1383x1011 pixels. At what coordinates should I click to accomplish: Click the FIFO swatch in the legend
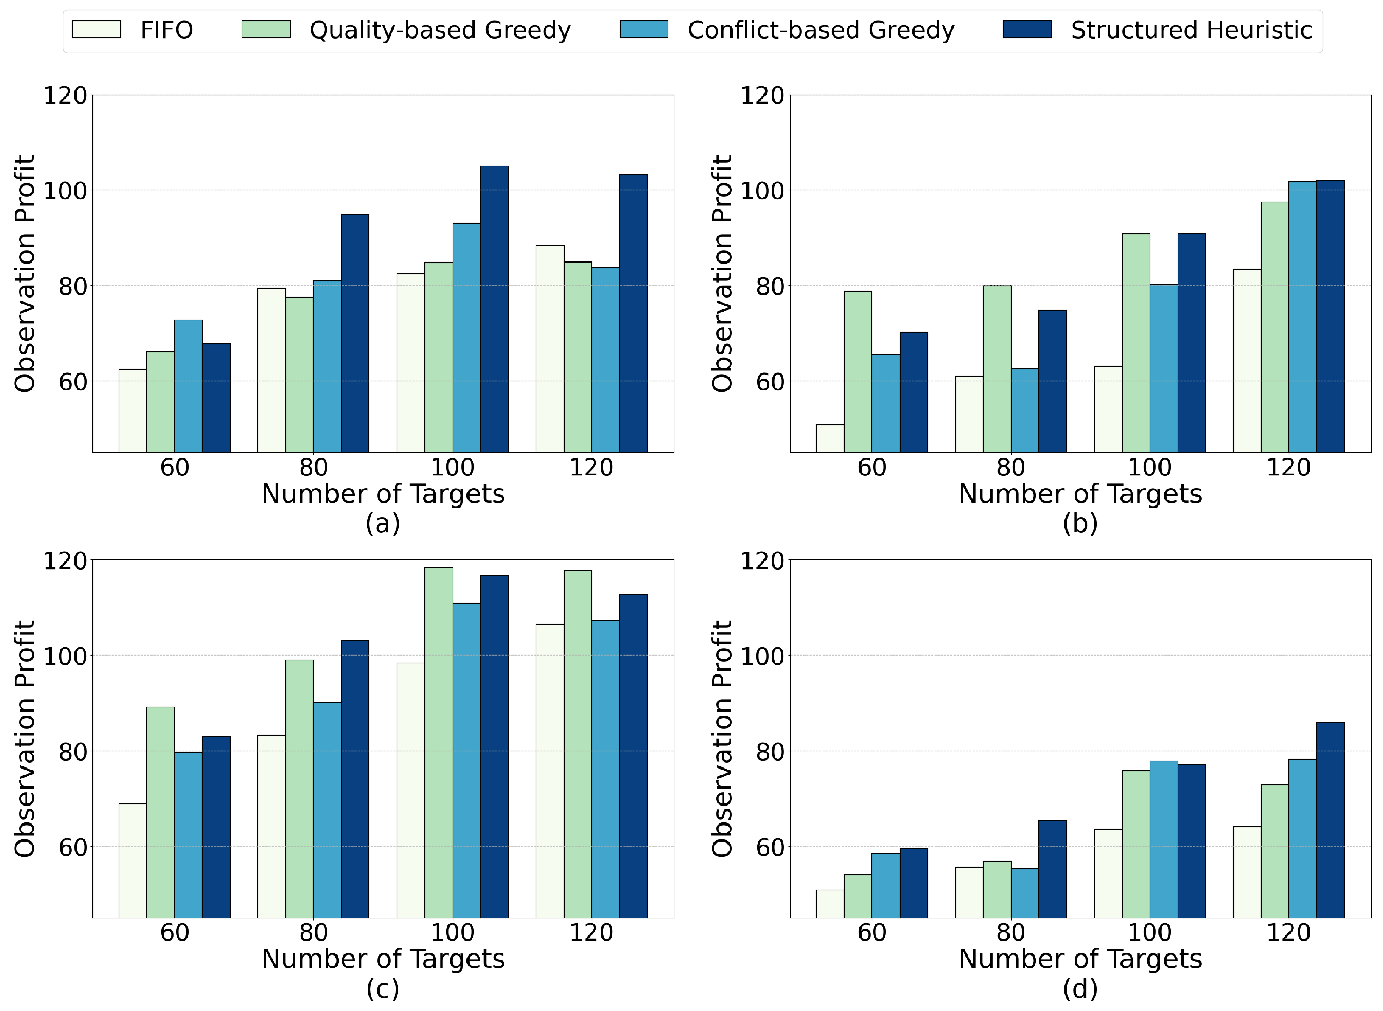[96, 29]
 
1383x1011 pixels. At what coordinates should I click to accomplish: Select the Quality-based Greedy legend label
[440, 30]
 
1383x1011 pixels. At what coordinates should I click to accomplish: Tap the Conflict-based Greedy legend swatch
[644, 29]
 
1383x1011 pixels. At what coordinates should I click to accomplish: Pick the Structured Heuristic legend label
[1191, 30]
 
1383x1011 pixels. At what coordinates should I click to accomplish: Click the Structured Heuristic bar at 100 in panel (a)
[494, 309]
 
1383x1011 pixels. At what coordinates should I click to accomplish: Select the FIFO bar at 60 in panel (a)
[133, 410]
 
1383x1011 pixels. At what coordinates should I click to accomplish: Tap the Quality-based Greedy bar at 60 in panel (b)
[858, 371]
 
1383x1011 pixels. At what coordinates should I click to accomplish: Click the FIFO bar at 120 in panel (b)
[1247, 361]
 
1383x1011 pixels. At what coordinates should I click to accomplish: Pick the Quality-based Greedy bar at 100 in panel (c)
[439, 742]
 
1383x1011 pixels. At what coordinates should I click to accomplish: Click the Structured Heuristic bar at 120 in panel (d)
[1331, 820]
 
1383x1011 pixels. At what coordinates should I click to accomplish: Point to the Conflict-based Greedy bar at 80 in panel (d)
[1024, 893]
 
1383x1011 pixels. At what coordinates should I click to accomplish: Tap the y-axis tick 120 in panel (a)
[65, 96]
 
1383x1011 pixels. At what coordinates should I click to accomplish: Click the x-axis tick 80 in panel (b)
[1011, 467]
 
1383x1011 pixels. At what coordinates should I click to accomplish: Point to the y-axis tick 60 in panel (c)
[73, 847]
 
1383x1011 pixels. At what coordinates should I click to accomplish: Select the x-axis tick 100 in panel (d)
[1149, 933]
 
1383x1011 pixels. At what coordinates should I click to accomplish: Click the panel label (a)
[383, 524]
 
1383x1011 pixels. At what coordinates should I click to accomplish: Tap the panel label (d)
[1080, 989]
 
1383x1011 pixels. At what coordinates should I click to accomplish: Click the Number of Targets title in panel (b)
[1080, 494]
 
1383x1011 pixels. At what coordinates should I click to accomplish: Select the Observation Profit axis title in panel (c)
[25, 739]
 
